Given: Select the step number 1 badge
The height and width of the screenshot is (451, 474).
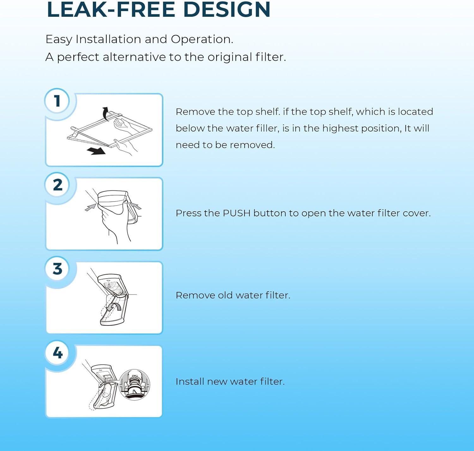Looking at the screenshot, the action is point(57,101).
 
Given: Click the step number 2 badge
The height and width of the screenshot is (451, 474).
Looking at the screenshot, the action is point(58,185).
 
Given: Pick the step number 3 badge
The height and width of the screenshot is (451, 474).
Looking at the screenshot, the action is point(58,269).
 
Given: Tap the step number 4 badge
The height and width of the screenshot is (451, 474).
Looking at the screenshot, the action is point(58,353).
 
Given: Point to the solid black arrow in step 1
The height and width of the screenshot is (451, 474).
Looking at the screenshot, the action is point(96,151).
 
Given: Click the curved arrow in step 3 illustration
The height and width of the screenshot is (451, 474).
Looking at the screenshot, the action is point(114,306).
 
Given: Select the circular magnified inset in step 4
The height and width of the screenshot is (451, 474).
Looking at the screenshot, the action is point(135,385).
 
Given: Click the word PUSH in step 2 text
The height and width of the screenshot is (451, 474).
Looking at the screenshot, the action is point(236,213).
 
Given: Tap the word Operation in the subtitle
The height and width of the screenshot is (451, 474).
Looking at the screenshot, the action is point(202,39).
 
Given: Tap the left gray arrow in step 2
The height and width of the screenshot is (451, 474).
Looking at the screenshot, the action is point(91,207).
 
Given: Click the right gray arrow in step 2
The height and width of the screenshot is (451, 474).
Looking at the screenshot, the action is point(135,206).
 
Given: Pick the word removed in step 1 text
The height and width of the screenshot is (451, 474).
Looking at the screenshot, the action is point(252,145).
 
